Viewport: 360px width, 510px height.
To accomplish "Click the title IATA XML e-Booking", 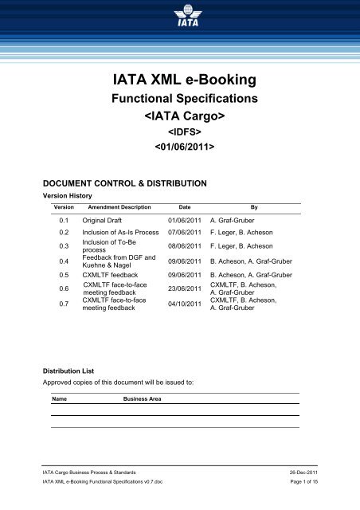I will [x=179, y=79].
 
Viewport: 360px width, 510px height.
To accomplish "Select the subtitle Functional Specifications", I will [x=179, y=101].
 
